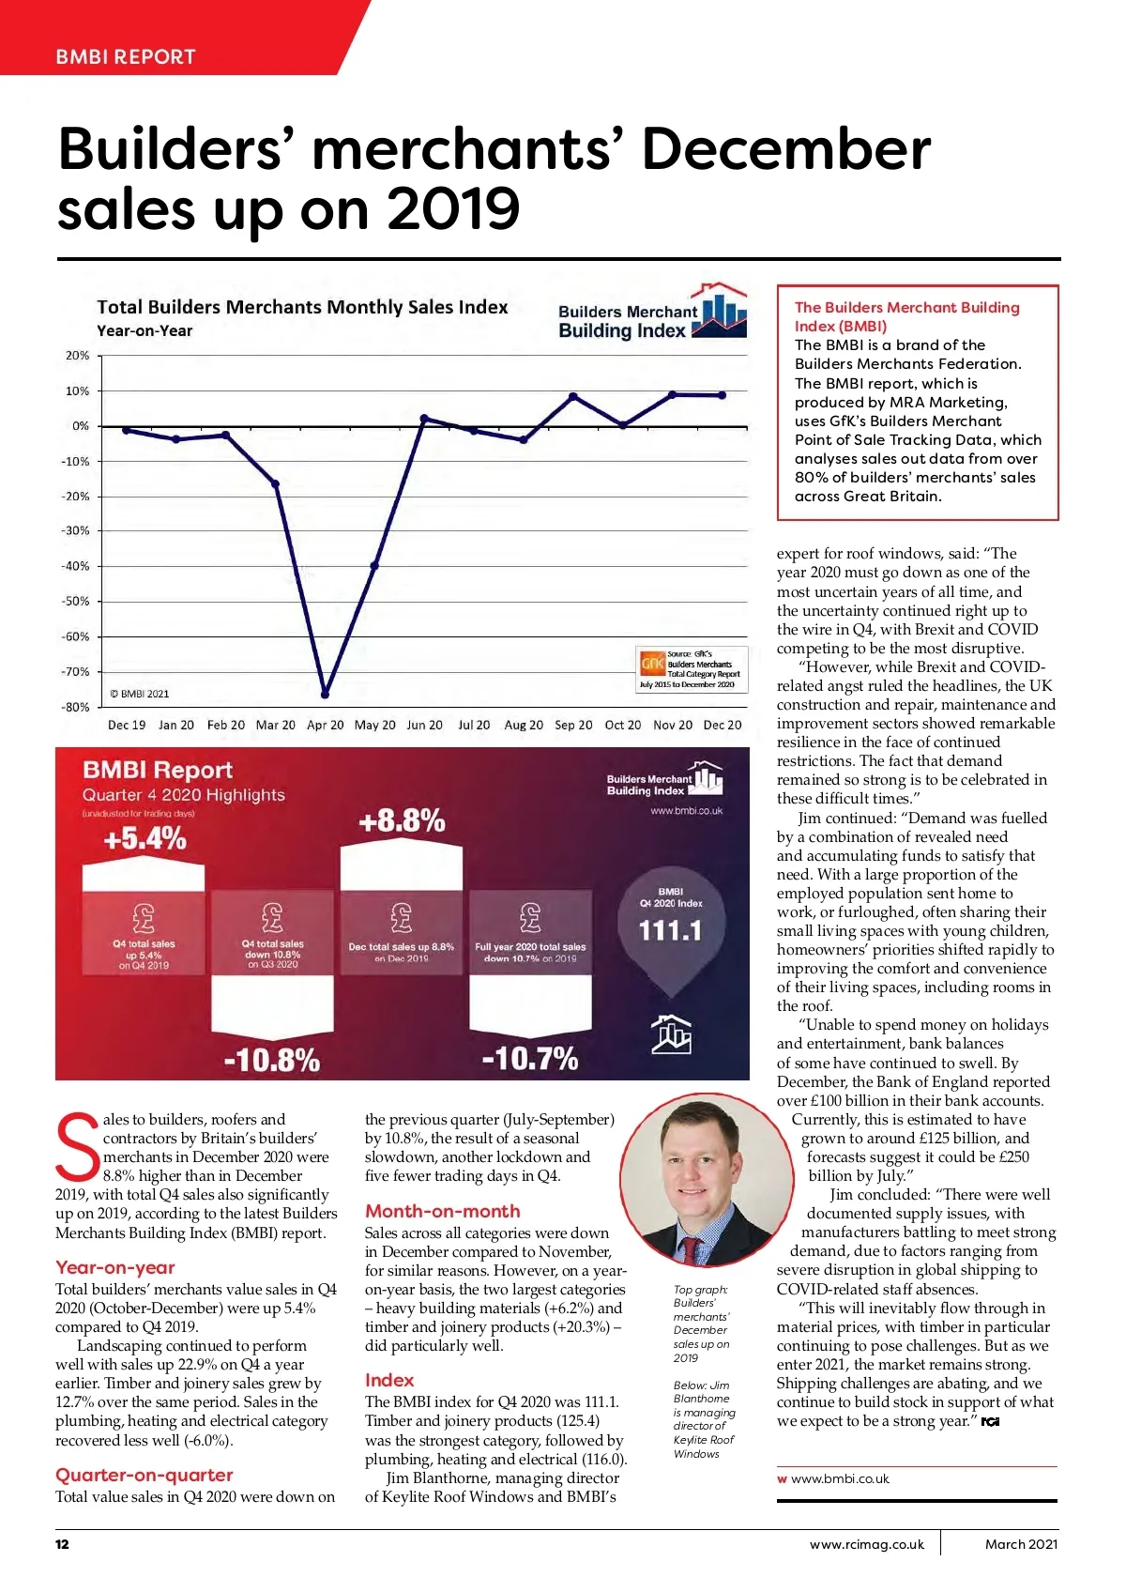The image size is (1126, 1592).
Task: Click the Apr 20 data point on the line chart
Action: [325, 695]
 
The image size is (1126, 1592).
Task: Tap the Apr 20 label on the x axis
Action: [325, 726]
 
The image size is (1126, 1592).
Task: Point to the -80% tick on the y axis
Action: [75, 708]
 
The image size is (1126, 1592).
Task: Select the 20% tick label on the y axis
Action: [77, 356]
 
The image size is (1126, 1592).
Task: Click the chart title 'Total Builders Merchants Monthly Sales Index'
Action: [302, 307]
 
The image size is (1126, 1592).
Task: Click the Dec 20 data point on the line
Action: [722, 395]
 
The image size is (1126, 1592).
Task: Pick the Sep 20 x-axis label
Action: [573, 726]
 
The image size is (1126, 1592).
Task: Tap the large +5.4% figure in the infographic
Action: [145, 838]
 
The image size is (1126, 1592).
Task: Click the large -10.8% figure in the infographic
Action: [271, 1061]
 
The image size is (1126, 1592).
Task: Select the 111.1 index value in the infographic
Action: [670, 930]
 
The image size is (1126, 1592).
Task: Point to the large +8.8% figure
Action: [402, 821]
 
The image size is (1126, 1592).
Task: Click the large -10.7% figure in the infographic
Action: [529, 1059]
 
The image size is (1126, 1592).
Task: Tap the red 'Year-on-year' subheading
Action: [115, 1267]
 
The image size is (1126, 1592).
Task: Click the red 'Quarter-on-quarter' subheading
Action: [144, 1475]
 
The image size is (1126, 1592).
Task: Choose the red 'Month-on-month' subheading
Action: [442, 1211]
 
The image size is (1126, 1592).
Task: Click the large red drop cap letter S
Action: [77, 1147]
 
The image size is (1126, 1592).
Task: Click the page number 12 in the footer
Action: [62, 1544]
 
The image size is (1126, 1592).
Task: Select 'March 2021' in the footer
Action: [1021, 1544]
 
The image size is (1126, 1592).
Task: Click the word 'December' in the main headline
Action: [786, 150]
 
